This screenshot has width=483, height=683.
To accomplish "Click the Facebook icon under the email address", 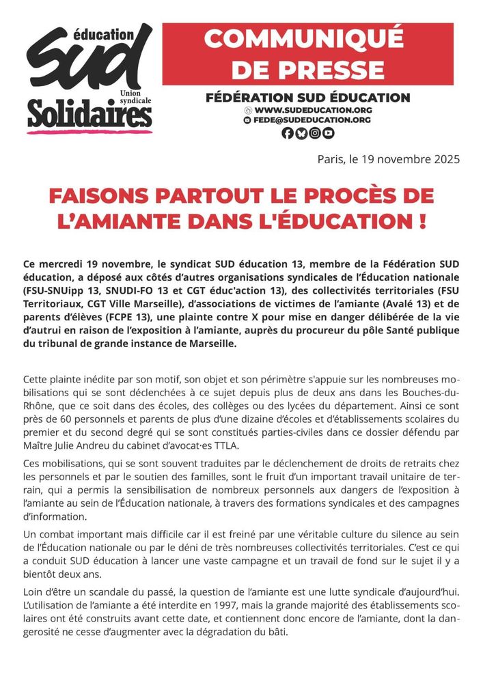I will click(x=287, y=134).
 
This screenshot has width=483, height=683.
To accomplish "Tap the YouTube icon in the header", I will click(x=328, y=134).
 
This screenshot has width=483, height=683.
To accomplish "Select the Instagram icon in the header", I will click(x=314, y=134).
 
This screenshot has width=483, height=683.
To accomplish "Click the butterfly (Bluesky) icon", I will click(x=301, y=134).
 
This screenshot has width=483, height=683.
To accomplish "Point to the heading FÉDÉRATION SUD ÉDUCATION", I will click(x=307, y=97).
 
